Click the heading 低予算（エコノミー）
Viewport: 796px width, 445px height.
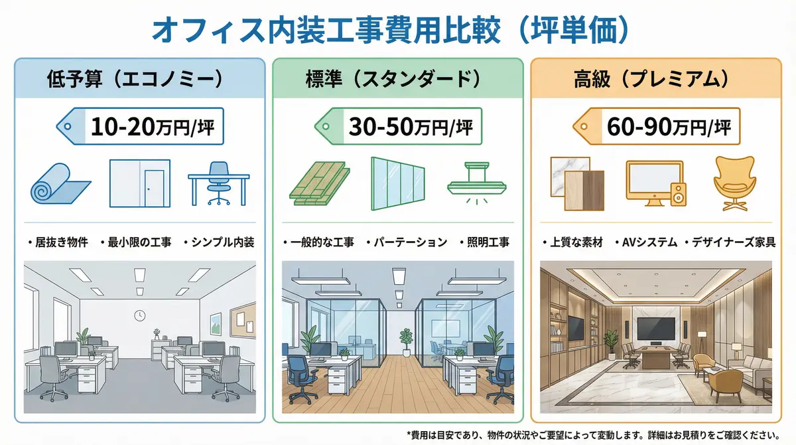(134, 79)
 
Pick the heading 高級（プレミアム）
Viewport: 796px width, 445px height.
(653, 79)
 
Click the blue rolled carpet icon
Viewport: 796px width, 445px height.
(60, 182)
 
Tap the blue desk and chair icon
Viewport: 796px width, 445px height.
(219, 182)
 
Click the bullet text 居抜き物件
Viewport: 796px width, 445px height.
(61, 242)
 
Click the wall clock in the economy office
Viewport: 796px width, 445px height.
(139, 315)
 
